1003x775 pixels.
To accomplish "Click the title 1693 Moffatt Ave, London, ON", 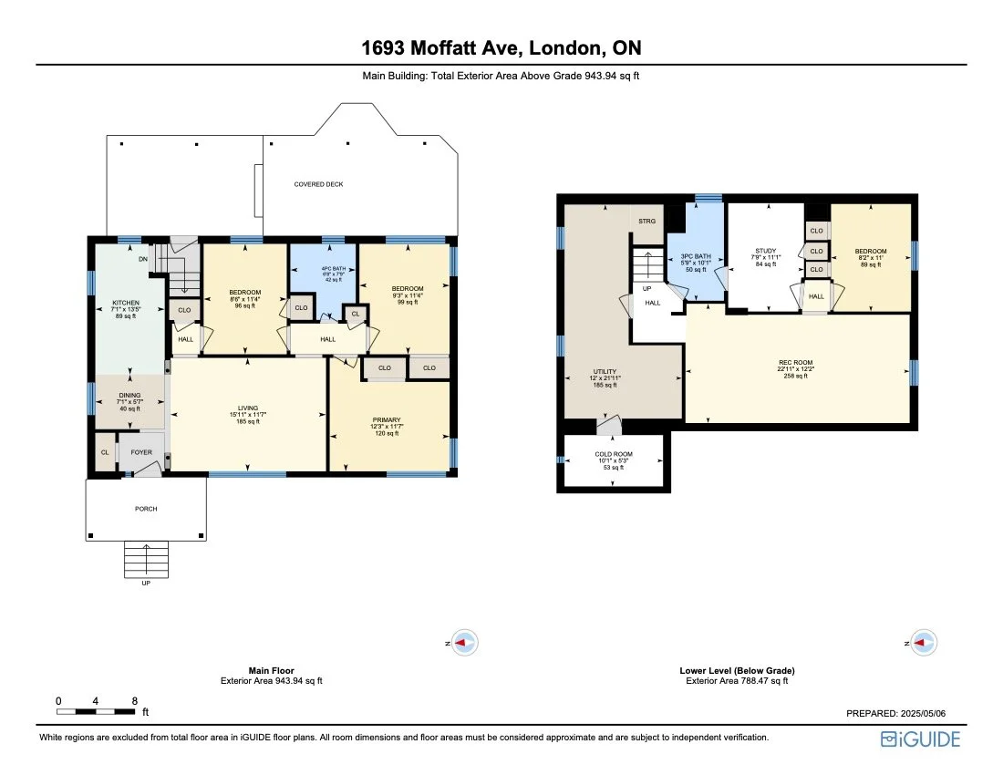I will pos(501,47).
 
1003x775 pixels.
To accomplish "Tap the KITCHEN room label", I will pos(126,303).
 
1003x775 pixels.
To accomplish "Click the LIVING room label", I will pos(248,408).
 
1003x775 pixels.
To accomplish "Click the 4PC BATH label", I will pos(323,266).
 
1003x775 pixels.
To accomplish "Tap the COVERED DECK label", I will pos(318,184).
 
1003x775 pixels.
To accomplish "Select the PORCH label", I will pos(146,509).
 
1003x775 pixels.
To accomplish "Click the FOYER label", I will pos(141,451).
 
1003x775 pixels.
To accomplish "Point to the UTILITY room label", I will pos(605,372).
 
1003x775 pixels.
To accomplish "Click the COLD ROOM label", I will pos(615,454).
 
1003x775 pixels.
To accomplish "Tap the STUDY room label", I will pos(765,251).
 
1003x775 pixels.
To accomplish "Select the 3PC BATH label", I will pos(696,257).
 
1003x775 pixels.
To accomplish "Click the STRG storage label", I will pos(646,222).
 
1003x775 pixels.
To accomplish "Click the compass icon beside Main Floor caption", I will pos(465,643).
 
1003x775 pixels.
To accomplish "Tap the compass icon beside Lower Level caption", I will pos(924,643).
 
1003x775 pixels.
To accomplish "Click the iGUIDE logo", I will pos(920,739).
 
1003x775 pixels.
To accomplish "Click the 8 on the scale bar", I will pos(135,701).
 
